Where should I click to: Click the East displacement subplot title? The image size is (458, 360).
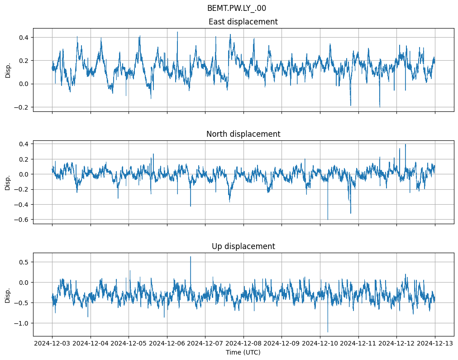[243, 22]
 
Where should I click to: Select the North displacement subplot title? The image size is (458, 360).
[243, 134]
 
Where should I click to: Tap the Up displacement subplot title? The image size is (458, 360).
[243, 246]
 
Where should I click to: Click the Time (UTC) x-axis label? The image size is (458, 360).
[243, 352]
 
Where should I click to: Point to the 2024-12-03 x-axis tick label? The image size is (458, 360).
[52, 343]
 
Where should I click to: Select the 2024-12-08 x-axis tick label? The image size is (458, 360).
[243, 343]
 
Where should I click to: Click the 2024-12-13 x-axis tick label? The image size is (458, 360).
[435, 343]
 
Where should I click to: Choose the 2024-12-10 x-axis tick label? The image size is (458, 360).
[320, 343]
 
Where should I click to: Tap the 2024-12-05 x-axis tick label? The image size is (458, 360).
[129, 343]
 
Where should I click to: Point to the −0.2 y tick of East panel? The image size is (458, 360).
[21, 107]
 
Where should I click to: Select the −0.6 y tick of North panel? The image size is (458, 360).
[21, 220]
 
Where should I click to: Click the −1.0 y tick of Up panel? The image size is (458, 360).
[21, 323]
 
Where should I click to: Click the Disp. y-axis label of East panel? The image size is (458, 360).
[8, 70]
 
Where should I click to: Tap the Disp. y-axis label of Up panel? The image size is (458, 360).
[8, 294]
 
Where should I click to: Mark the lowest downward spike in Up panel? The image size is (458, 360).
[328, 332]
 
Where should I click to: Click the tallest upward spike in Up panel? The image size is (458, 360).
[191, 257]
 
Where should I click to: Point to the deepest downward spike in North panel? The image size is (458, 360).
[328, 220]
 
